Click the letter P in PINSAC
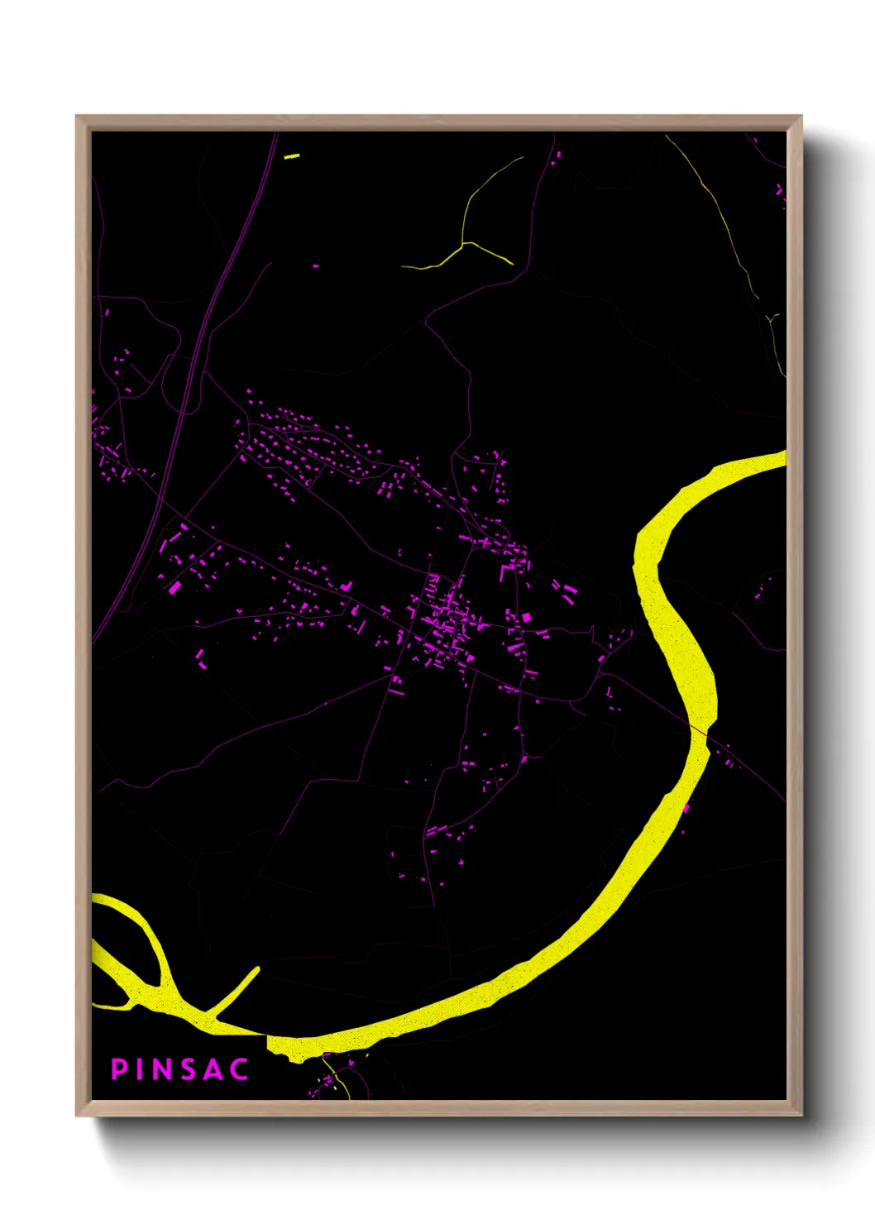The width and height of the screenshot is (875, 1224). point(120,1069)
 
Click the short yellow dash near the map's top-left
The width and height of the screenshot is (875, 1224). point(291,155)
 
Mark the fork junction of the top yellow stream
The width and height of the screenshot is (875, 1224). point(465,244)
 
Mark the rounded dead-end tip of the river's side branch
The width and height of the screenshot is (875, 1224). point(256,970)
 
